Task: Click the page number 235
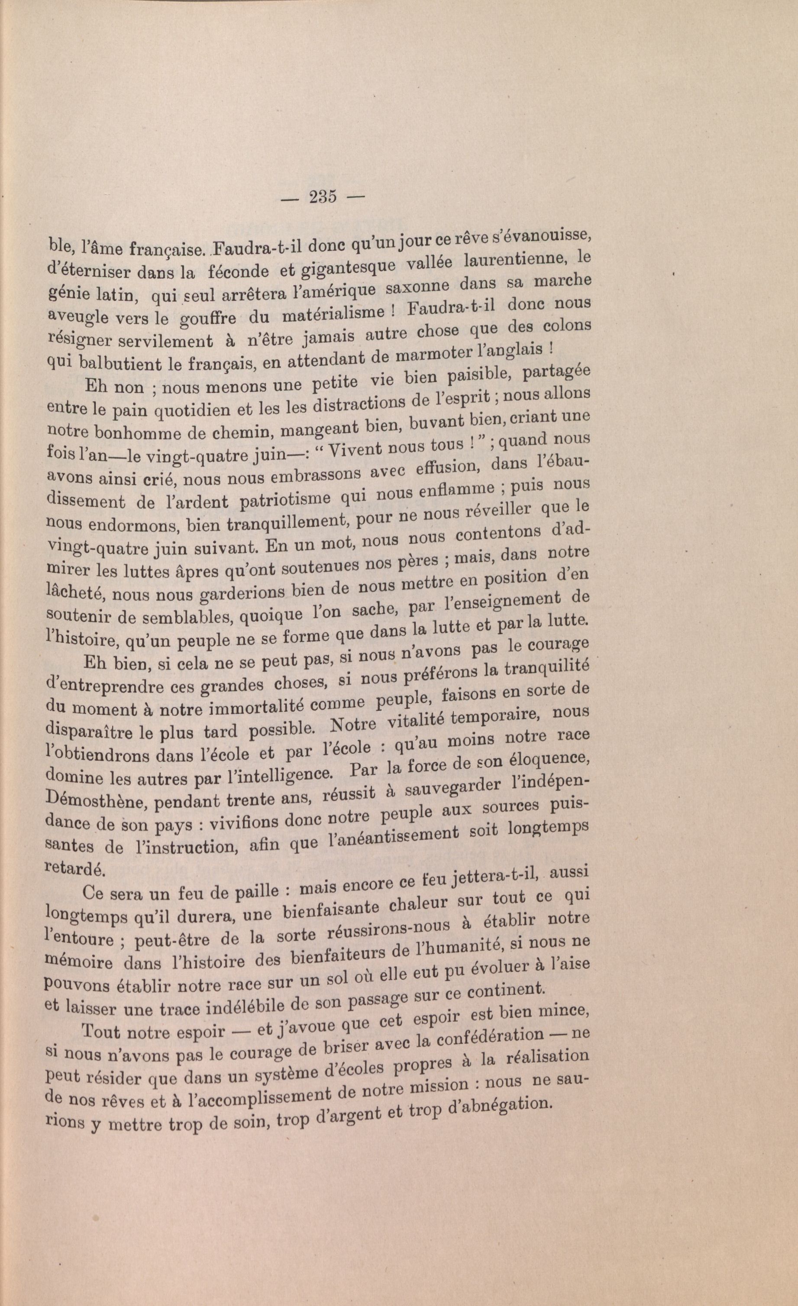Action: point(323,197)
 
